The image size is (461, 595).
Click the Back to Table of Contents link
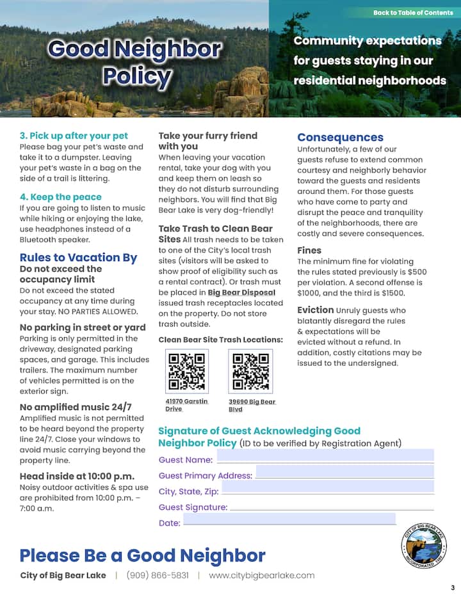[413, 13]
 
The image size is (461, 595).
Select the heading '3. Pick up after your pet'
[74, 136]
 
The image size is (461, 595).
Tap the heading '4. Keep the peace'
[61, 197]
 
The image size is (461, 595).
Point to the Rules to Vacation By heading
[78, 257]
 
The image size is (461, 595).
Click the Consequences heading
[340, 137]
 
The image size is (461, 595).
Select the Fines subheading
[309, 250]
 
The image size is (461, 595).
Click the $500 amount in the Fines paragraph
[417, 272]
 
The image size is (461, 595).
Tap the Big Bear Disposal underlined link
[241, 292]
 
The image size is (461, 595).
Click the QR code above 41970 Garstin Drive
[186, 372]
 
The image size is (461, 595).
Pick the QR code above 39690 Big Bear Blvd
[250, 372]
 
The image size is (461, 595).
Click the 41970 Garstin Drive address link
[186, 405]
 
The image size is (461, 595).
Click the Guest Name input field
[325, 456]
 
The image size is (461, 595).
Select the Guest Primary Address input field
[344, 472]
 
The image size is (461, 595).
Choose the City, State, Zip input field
[327, 488]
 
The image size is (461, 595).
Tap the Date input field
[289, 520]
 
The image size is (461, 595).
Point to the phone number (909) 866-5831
[158, 575]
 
